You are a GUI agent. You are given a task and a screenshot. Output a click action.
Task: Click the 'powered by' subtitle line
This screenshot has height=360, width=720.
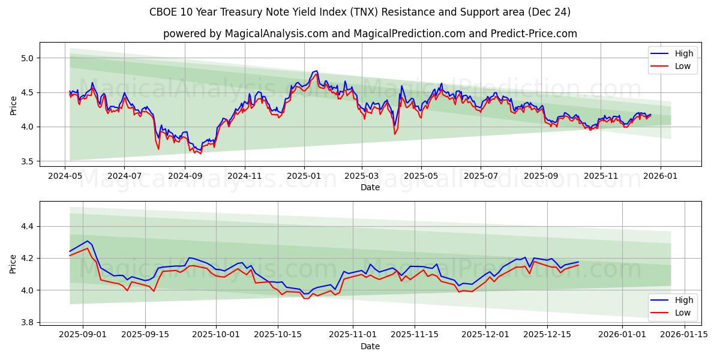(x=370, y=34)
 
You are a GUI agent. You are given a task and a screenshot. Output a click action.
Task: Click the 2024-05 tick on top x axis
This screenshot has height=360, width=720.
(x=65, y=176)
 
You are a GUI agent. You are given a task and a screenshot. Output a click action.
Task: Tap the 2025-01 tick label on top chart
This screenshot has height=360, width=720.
(x=304, y=176)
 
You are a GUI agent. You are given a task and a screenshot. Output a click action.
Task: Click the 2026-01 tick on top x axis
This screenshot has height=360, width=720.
(x=660, y=176)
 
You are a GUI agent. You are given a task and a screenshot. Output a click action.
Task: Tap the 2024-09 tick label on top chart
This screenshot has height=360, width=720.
(x=184, y=176)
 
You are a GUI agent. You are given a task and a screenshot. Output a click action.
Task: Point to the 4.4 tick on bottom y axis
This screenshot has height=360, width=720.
(x=27, y=226)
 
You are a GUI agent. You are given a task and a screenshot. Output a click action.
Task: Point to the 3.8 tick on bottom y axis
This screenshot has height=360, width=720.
(x=27, y=322)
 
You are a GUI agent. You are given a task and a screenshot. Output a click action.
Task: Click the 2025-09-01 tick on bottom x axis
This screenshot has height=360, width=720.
(x=83, y=335)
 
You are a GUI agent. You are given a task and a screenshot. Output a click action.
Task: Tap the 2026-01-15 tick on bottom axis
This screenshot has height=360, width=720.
(x=684, y=335)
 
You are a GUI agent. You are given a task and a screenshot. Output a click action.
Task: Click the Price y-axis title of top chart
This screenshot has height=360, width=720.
(x=13, y=106)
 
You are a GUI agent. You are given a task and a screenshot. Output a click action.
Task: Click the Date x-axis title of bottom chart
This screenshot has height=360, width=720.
(x=370, y=346)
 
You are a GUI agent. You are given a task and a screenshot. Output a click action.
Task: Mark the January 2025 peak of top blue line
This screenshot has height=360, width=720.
(x=316, y=71)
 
